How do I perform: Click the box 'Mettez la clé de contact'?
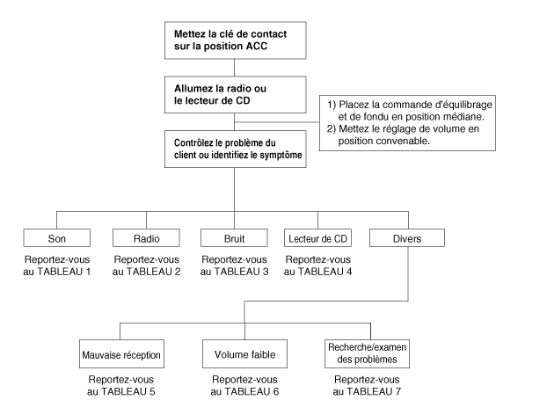(x=236, y=40)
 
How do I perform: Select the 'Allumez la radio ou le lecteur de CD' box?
(x=236, y=95)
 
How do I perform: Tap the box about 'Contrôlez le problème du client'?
(x=236, y=149)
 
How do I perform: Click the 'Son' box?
(x=57, y=238)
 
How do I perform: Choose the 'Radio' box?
(x=146, y=238)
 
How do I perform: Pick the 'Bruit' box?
(x=234, y=238)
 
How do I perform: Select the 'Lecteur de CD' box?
(x=317, y=238)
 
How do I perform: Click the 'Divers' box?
(x=407, y=238)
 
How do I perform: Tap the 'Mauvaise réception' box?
(x=121, y=354)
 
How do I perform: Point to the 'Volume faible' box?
(x=244, y=354)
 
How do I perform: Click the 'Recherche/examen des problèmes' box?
(x=367, y=354)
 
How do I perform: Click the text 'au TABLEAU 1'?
(x=57, y=272)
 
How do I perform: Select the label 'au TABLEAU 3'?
(x=234, y=272)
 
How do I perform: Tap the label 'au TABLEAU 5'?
(x=121, y=391)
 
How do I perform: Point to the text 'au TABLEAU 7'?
(x=367, y=391)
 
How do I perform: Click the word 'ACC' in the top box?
(x=257, y=46)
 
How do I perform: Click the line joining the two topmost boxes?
(x=235, y=68)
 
